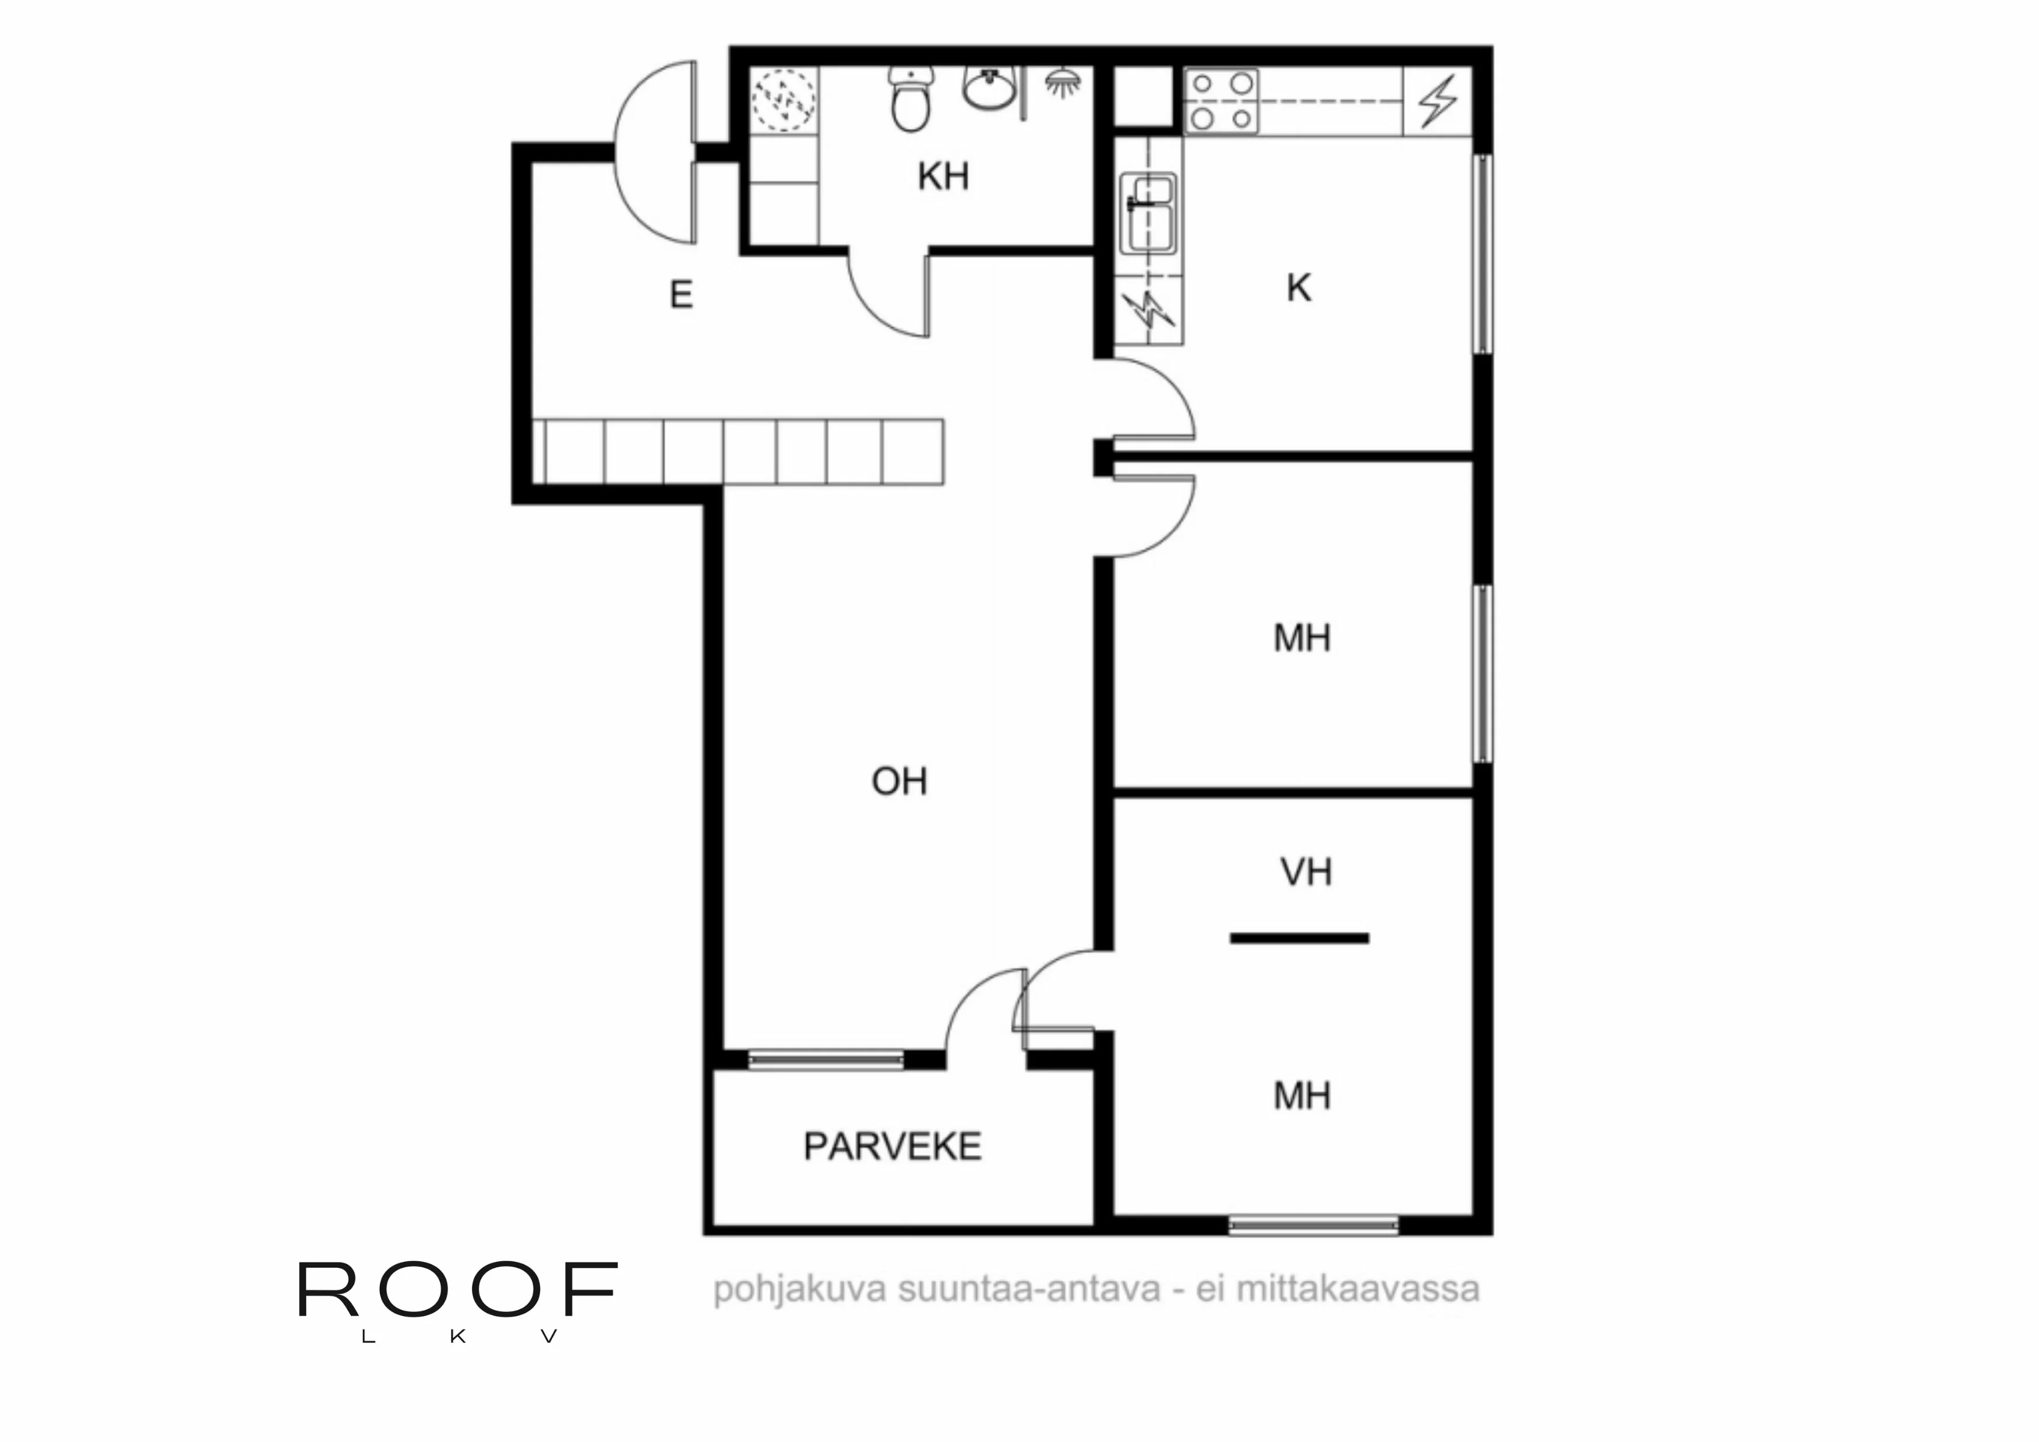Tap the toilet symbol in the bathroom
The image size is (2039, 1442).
pyautogui.click(x=910, y=100)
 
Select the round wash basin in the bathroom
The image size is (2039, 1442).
pyautogui.click(x=989, y=88)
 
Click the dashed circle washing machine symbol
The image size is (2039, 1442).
pyautogui.click(x=784, y=100)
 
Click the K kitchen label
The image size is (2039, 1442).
pyautogui.click(x=1299, y=288)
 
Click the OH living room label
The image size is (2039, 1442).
pyautogui.click(x=899, y=781)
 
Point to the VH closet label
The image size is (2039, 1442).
pyautogui.click(x=1306, y=872)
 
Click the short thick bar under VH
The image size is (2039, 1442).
pyautogui.click(x=1299, y=937)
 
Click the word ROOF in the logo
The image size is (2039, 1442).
pyautogui.click(x=457, y=1289)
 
